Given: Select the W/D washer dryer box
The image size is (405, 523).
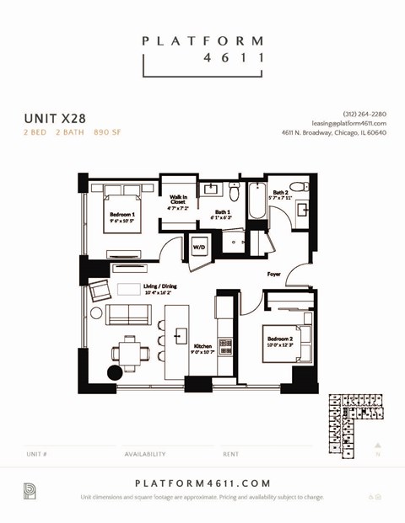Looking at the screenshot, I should [x=199, y=247].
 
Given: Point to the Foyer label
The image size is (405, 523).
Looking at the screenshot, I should [x=274, y=274].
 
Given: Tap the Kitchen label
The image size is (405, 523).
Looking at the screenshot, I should [x=203, y=346].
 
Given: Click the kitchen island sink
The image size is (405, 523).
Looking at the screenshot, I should [x=179, y=336].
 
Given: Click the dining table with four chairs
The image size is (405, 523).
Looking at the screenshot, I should [x=129, y=354].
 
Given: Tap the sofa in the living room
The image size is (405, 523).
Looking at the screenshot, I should [x=127, y=315].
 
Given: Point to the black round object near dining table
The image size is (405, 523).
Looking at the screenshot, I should [x=115, y=372].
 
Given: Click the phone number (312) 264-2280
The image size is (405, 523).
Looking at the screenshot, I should [x=364, y=114].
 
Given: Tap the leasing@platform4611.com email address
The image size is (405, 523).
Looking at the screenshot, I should [x=348, y=123].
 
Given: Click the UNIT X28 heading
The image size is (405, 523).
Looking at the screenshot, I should [x=54, y=119].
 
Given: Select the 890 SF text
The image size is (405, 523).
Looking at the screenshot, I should [x=106, y=133].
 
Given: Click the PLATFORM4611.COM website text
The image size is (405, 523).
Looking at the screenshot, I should [x=202, y=483].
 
